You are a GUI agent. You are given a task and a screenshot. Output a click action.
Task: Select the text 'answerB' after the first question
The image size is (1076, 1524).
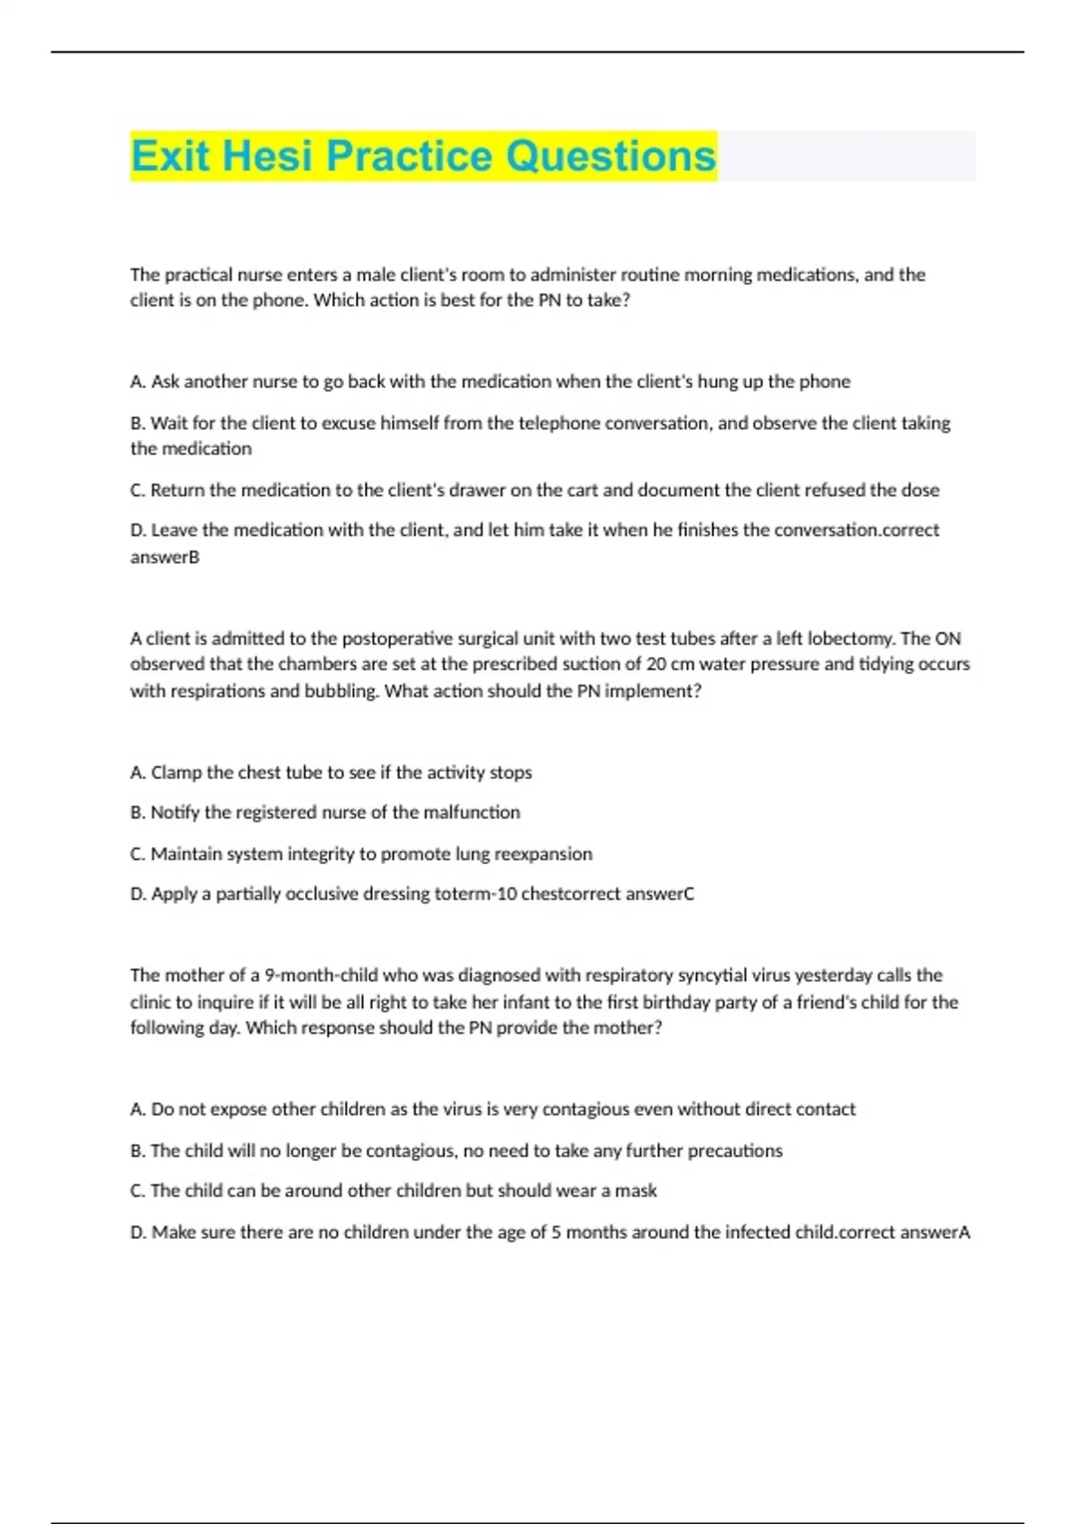[165, 558]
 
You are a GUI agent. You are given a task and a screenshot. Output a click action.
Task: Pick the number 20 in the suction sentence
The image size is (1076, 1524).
[655, 664]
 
